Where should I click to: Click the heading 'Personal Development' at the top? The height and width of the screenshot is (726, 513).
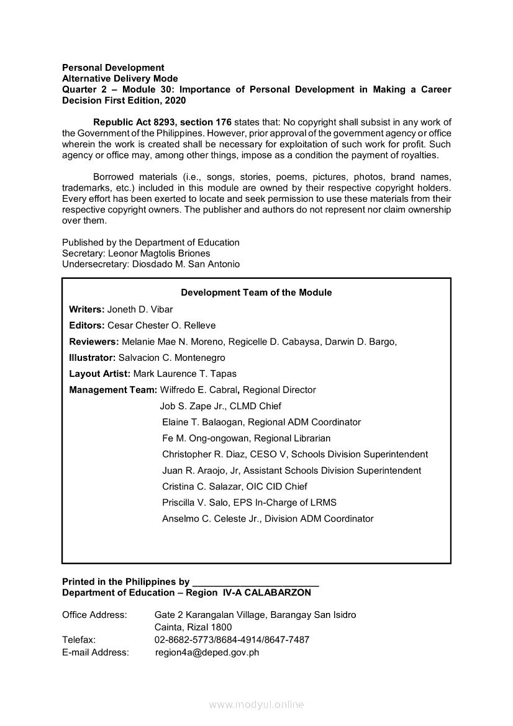coord(113,68)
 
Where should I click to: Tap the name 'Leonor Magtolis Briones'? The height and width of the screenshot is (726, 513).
coord(159,253)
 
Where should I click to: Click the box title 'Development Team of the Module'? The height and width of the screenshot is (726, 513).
coord(256,293)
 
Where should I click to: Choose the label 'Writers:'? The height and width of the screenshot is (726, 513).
coord(87,309)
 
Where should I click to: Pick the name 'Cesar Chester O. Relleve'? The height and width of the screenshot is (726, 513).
coord(161,325)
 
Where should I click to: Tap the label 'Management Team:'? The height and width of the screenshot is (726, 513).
coord(113,390)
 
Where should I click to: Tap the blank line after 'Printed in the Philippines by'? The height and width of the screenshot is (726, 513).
coord(256,583)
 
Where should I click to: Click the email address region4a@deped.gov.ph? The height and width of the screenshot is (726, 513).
coord(207,652)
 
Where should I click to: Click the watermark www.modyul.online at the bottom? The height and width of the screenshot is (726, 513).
coord(256,704)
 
